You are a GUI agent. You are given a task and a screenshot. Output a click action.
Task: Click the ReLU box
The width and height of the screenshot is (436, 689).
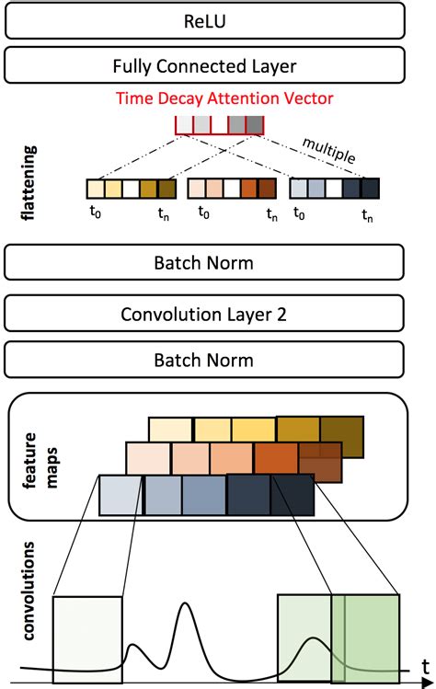(x=205, y=18)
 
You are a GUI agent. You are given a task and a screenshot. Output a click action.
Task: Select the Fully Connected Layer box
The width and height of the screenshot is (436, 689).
(x=205, y=65)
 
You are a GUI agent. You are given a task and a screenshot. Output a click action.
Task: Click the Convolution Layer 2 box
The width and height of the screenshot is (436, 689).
(x=205, y=315)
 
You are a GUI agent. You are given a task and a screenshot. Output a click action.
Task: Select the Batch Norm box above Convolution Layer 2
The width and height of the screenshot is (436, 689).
(x=205, y=263)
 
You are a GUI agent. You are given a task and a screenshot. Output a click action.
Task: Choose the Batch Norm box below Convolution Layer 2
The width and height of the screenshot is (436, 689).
(x=205, y=360)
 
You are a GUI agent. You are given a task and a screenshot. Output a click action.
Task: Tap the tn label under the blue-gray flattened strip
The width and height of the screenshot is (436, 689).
(x=368, y=217)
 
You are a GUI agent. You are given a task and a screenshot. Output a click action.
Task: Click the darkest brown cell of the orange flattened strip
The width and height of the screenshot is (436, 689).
(x=267, y=189)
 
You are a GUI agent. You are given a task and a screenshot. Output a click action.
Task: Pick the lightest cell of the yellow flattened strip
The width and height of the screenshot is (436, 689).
(x=95, y=189)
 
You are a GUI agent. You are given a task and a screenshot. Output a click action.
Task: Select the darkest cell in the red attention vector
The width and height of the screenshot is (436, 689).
(x=255, y=124)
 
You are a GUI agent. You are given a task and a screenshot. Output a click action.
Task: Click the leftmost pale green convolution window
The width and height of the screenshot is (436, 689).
(x=87, y=639)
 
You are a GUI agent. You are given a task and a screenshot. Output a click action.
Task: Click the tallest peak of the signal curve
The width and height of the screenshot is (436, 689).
(x=187, y=605)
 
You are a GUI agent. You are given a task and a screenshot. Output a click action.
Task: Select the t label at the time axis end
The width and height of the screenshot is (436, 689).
(x=424, y=664)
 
